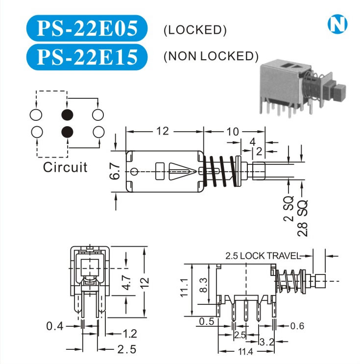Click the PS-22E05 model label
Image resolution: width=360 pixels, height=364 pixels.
pos(86,29)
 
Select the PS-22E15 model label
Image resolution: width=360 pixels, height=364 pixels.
pos(86,56)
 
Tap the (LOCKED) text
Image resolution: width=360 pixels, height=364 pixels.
pos(195,30)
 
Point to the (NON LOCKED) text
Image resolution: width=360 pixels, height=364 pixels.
pos(211,56)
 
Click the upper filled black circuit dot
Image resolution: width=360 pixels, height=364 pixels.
pos(67,115)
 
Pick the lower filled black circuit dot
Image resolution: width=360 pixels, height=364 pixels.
pos(67,132)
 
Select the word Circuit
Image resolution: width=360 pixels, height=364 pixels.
pos(65,167)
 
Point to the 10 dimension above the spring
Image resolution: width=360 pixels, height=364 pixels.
pos(233,131)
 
